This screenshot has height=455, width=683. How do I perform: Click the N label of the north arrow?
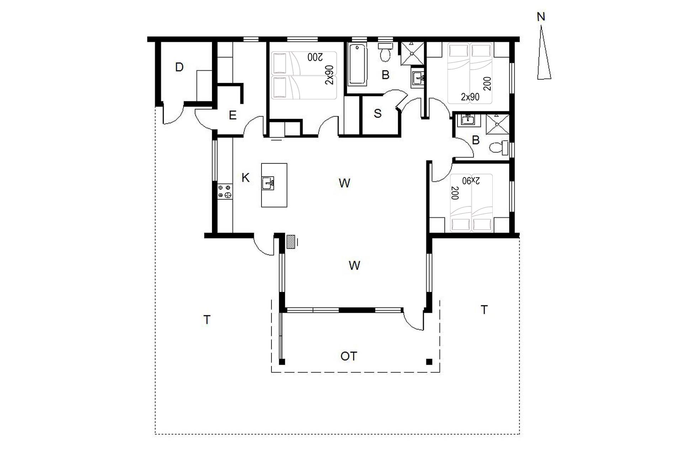pos(541,17)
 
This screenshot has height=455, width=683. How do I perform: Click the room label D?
pos(179,67)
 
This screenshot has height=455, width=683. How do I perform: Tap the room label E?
pos(233,115)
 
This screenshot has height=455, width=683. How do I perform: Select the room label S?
pos(378,113)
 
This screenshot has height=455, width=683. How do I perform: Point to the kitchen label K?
pos(245,178)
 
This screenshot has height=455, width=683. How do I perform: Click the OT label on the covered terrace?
pos(349,356)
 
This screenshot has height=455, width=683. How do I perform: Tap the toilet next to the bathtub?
pos(385,52)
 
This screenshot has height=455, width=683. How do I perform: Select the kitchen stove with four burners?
pos(225,191)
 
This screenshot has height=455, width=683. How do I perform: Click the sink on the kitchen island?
pos(268,183)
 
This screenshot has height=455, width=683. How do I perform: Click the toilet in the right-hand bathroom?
pos(499,148)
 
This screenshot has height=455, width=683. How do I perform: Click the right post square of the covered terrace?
pos(429,362)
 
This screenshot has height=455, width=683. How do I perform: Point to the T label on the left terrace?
pos(207,320)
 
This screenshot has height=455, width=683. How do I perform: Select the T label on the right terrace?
pos(484,310)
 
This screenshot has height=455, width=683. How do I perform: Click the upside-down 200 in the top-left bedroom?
pos(315,57)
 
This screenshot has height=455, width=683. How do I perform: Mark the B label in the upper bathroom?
pos(385,75)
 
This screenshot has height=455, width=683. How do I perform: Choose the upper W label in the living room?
pos(344,183)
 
